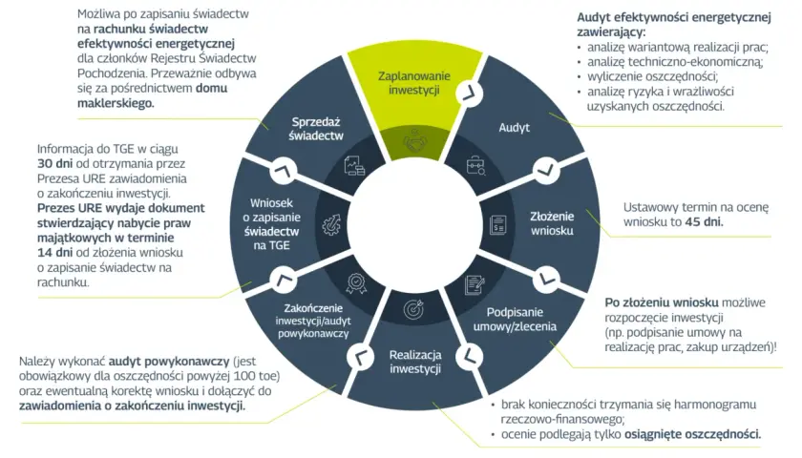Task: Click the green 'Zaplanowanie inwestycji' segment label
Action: tap(413, 83)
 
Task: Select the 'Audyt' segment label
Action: tap(514, 127)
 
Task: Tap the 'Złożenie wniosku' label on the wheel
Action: tap(552, 223)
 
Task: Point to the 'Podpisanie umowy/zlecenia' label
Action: tap(515, 319)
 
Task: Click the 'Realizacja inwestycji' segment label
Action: tap(414, 362)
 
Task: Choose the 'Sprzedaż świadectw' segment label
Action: tap(316, 129)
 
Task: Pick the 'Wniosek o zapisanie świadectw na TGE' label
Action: tap(271, 224)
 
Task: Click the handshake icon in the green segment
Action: tap(414, 141)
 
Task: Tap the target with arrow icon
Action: tap(413, 309)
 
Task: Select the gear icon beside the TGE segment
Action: tap(331, 224)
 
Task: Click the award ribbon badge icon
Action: tap(356, 283)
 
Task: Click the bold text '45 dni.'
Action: tap(704, 221)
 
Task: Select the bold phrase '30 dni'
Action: tap(54, 163)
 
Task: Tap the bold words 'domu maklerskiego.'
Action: tap(152, 95)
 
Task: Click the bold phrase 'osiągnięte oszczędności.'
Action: tap(692, 434)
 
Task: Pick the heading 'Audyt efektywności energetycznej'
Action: tap(674, 17)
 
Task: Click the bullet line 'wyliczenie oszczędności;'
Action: tap(652, 76)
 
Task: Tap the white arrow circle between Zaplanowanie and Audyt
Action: tap(470, 94)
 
